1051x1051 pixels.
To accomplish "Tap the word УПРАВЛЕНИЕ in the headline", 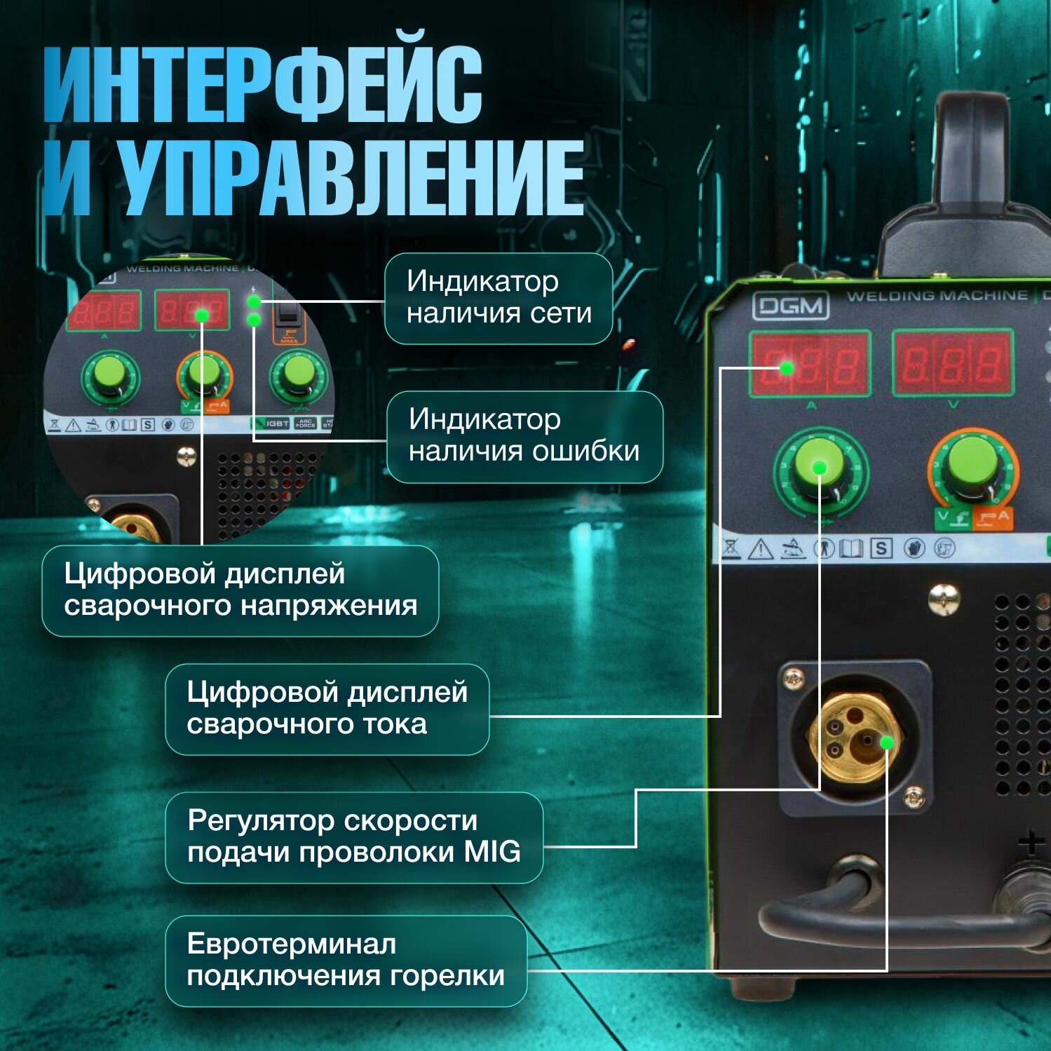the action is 351,177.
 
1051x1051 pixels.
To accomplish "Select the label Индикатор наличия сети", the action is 499,298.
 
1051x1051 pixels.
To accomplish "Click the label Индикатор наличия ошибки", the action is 524,436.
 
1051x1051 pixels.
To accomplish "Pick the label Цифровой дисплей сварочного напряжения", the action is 240,590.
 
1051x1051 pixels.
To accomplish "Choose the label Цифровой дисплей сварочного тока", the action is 327,708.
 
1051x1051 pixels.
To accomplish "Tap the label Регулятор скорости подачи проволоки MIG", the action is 354,836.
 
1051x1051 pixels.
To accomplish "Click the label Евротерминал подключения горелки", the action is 346,960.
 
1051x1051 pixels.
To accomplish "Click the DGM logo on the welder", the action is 790,306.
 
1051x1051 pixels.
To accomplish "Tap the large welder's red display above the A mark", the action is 810,364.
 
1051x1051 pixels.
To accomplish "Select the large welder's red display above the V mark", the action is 952,363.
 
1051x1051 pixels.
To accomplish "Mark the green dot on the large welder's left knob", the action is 819,468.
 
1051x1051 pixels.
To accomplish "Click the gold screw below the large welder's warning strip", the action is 944,598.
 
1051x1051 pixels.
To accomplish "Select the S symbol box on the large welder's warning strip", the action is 882,548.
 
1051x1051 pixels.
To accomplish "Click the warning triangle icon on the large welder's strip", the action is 761,549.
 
